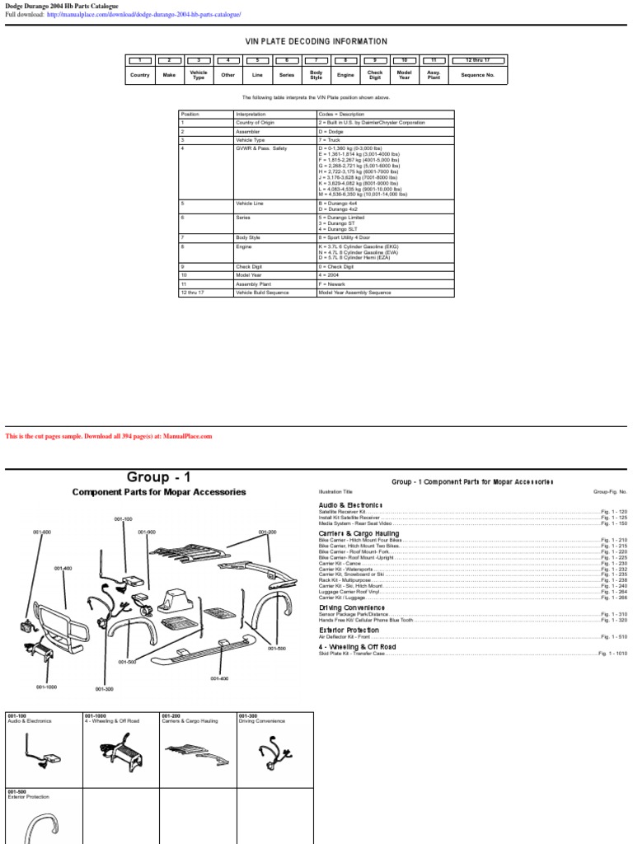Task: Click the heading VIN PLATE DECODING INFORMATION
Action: point(316,41)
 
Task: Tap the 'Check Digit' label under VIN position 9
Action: point(375,75)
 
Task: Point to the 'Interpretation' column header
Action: point(251,114)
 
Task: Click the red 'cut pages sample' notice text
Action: point(109,436)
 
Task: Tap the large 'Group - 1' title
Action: point(159,477)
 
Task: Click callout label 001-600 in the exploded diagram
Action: point(42,532)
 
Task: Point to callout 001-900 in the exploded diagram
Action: point(147,532)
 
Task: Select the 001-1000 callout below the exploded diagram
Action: point(46,687)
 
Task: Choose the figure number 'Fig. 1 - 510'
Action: point(614,637)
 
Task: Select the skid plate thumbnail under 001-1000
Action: point(120,750)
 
